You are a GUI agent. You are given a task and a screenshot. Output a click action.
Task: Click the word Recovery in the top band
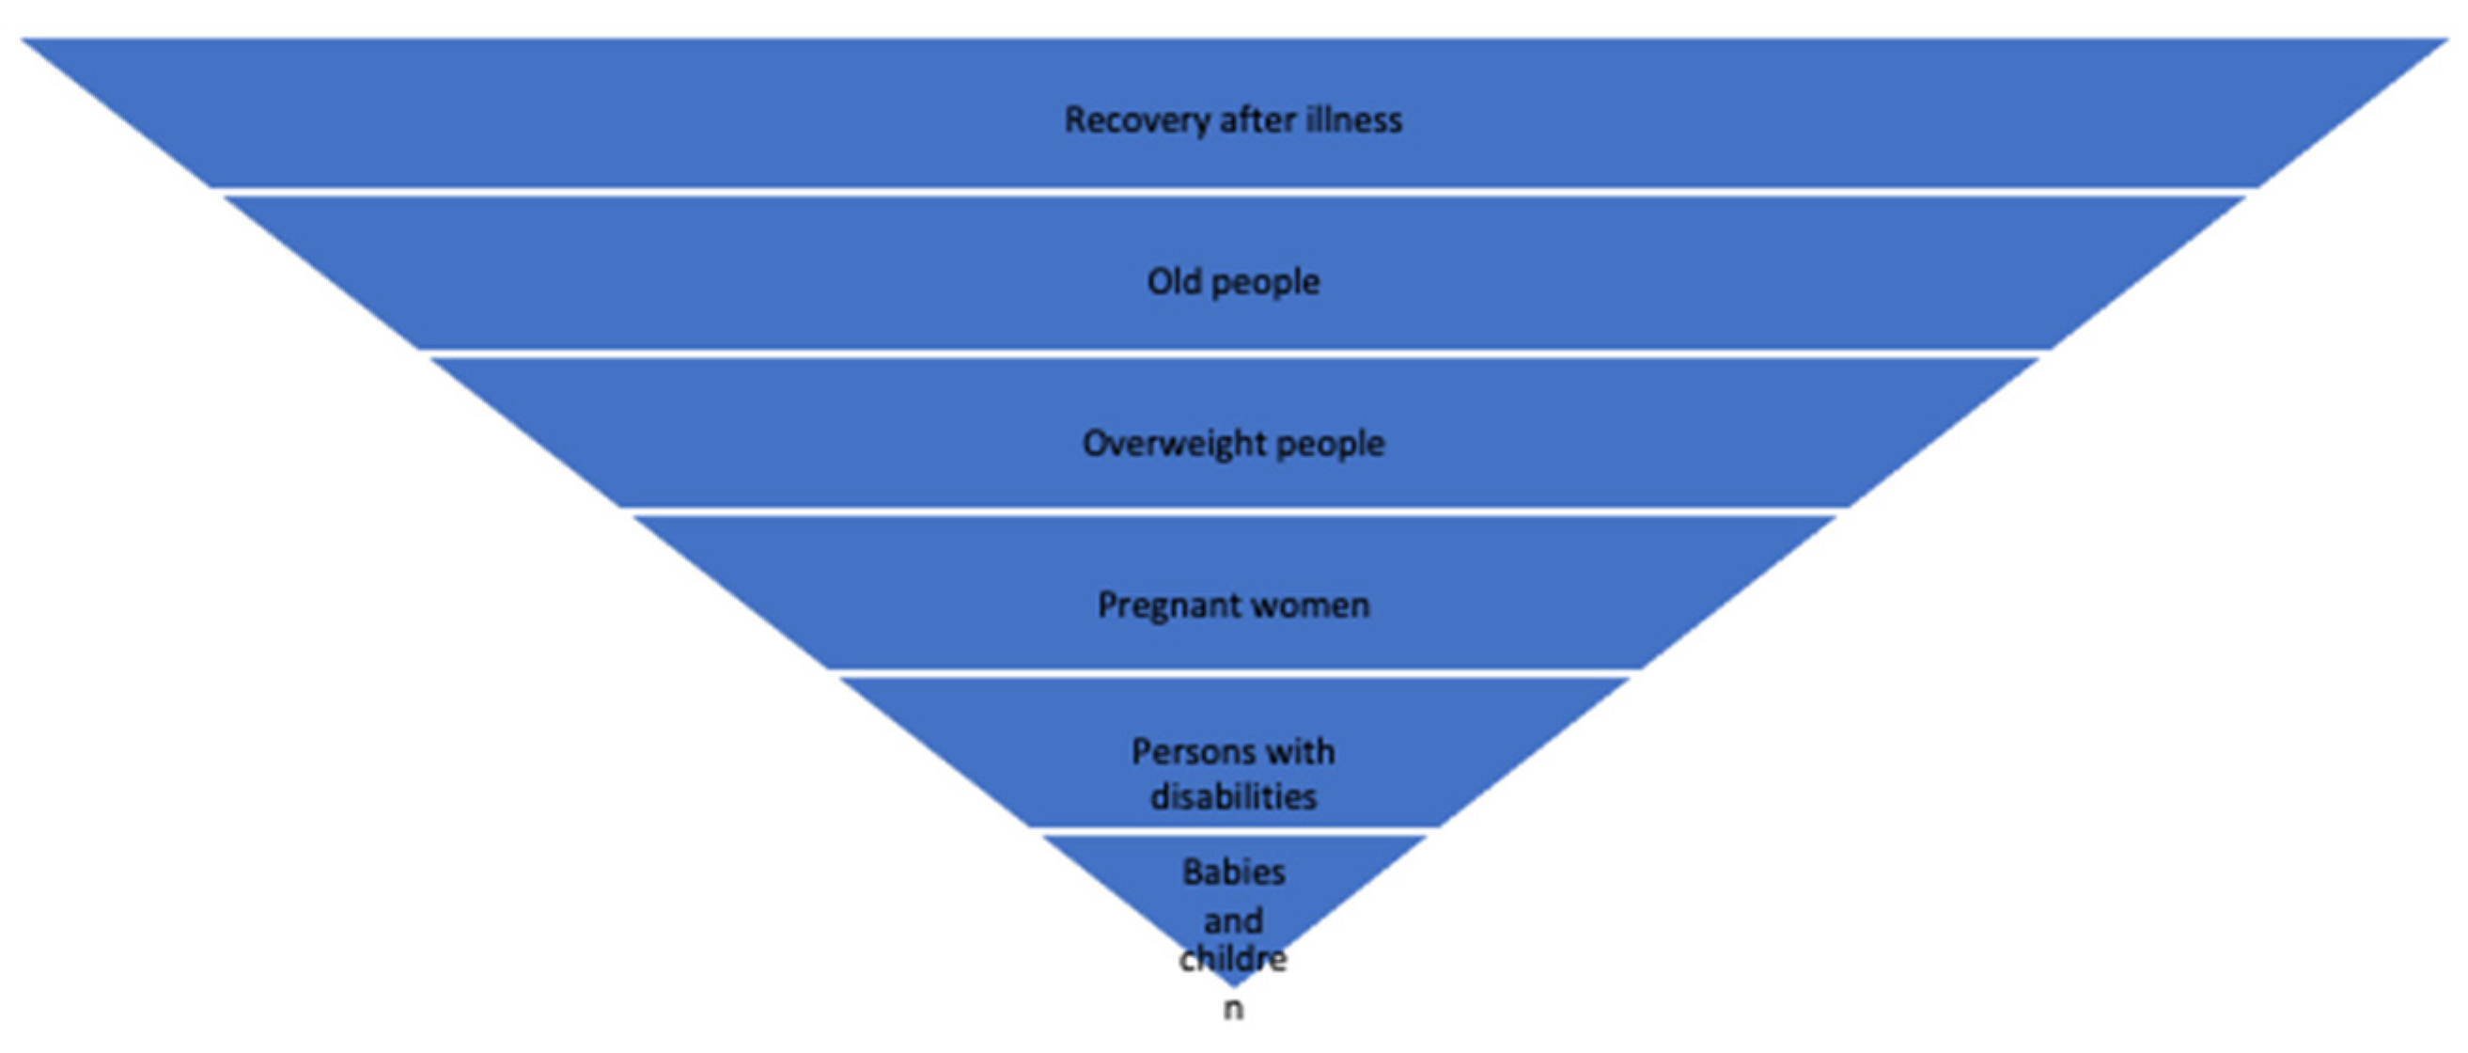click(x=1137, y=120)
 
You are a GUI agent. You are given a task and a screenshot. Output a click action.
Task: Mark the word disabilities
click(x=1234, y=797)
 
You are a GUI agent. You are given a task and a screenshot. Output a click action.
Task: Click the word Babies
click(x=1234, y=872)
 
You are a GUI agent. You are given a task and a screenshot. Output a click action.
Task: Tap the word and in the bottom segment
click(x=1233, y=921)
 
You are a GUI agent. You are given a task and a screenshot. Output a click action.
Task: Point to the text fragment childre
click(x=1233, y=959)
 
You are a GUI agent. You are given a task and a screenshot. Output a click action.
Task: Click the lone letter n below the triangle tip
click(x=1233, y=1009)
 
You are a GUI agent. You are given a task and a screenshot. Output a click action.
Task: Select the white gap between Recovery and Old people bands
click(x=1234, y=192)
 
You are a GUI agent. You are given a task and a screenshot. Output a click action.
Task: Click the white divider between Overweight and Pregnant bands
click(x=1234, y=511)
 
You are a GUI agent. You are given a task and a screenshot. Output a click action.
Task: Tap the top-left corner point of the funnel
click(x=23, y=40)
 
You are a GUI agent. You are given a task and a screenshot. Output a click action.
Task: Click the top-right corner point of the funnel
click(x=2445, y=40)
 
